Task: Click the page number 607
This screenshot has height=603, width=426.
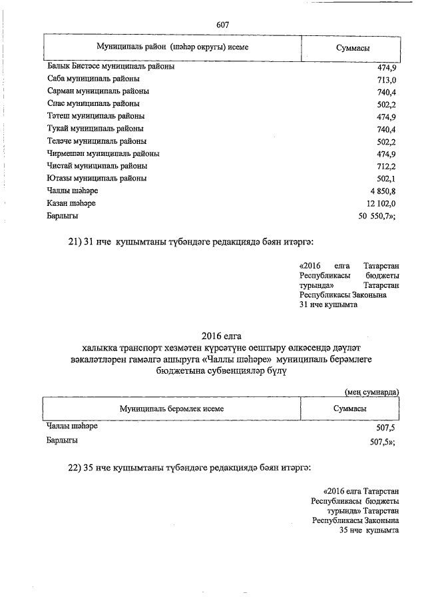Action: point(223,25)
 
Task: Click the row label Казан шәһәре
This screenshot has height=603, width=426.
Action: point(73,203)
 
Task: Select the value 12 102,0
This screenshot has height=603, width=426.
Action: point(381,204)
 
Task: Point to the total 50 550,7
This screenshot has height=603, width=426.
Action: point(377,217)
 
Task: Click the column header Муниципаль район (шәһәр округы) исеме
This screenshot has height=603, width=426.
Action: point(172,47)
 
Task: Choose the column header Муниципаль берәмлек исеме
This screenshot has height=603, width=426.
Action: point(172,408)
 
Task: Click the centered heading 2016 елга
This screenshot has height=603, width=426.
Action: point(222,335)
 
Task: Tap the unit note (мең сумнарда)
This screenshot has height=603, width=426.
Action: point(372,392)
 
